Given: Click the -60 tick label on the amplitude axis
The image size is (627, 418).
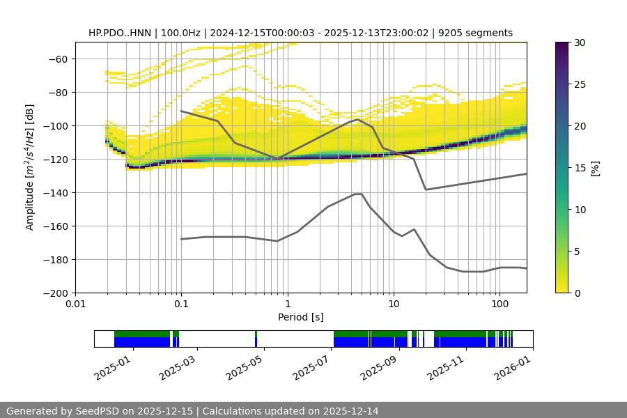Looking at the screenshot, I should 56,59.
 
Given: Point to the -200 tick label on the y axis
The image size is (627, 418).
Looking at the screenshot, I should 54,293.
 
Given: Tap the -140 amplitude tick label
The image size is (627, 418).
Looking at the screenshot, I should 54,192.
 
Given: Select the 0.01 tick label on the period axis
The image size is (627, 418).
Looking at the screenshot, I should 75,304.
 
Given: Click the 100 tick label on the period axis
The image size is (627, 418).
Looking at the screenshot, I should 499,304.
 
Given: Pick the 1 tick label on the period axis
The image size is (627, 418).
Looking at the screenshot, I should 287,304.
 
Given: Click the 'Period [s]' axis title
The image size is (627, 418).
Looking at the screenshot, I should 300,318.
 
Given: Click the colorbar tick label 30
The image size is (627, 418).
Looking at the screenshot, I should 579,42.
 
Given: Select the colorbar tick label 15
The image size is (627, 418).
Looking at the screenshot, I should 579,168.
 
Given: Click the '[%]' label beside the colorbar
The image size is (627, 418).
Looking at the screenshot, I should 595,167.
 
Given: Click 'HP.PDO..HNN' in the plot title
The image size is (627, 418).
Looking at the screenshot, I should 118,33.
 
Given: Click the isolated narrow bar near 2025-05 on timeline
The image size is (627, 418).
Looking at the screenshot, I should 256,339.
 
